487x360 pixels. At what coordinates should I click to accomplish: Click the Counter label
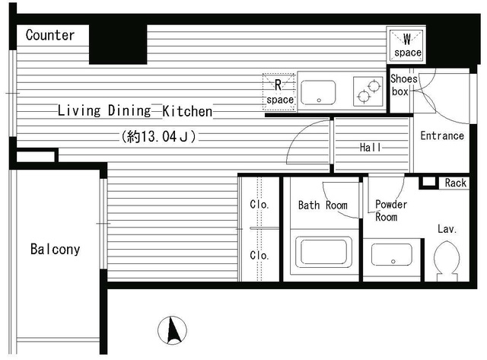(50, 35)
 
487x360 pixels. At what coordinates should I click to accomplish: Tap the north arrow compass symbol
(173, 330)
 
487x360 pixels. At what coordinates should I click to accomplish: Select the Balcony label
(56, 249)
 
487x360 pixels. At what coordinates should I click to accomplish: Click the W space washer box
(406, 45)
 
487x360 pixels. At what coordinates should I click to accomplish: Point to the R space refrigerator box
(279, 91)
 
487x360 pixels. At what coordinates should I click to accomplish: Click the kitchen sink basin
(318, 93)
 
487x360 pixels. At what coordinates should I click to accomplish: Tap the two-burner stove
(368, 91)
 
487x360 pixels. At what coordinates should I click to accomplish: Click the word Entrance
(442, 135)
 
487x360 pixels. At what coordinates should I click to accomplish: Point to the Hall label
(371, 147)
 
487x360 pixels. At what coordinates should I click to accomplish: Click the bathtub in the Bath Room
(323, 252)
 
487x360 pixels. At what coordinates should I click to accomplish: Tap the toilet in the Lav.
(447, 261)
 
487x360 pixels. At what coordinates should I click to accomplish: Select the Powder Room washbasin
(392, 255)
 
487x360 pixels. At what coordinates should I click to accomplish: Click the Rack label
(456, 183)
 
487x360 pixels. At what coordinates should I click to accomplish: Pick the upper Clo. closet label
(259, 205)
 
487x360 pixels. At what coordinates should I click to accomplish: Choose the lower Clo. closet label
(259, 255)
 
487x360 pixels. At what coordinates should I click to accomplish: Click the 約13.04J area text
(159, 136)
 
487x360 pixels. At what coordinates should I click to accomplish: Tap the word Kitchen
(188, 111)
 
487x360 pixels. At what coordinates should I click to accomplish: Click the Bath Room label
(323, 205)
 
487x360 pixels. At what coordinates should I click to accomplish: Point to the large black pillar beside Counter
(118, 44)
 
